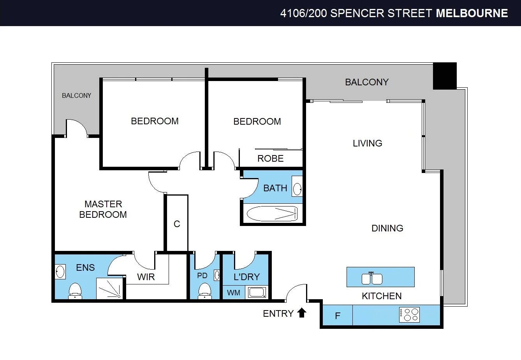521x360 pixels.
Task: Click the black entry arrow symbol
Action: click(x=302, y=313)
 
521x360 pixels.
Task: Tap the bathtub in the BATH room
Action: click(x=272, y=214)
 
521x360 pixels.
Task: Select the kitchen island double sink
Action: click(x=372, y=279)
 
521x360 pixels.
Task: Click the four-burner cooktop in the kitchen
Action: click(x=409, y=314)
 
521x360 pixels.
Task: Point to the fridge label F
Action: click(x=338, y=316)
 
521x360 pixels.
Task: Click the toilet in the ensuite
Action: click(x=75, y=291)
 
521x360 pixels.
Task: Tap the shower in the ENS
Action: click(x=109, y=289)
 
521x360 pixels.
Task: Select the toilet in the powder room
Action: click(x=205, y=291)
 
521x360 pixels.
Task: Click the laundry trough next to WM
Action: click(x=257, y=292)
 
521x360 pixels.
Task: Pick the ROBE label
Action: click(x=270, y=159)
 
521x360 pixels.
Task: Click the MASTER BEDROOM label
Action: click(x=103, y=209)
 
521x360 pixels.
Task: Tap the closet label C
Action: click(x=177, y=224)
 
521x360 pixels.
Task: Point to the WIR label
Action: click(x=146, y=277)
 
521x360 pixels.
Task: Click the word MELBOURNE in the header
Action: click(x=472, y=13)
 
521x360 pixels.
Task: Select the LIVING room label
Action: click(x=367, y=143)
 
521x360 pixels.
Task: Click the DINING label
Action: click(x=387, y=228)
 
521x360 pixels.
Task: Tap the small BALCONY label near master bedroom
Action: click(x=76, y=95)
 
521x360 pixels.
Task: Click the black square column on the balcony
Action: click(x=445, y=76)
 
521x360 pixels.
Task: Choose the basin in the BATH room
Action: click(x=297, y=189)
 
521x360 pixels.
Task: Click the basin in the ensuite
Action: click(x=60, y=272)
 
